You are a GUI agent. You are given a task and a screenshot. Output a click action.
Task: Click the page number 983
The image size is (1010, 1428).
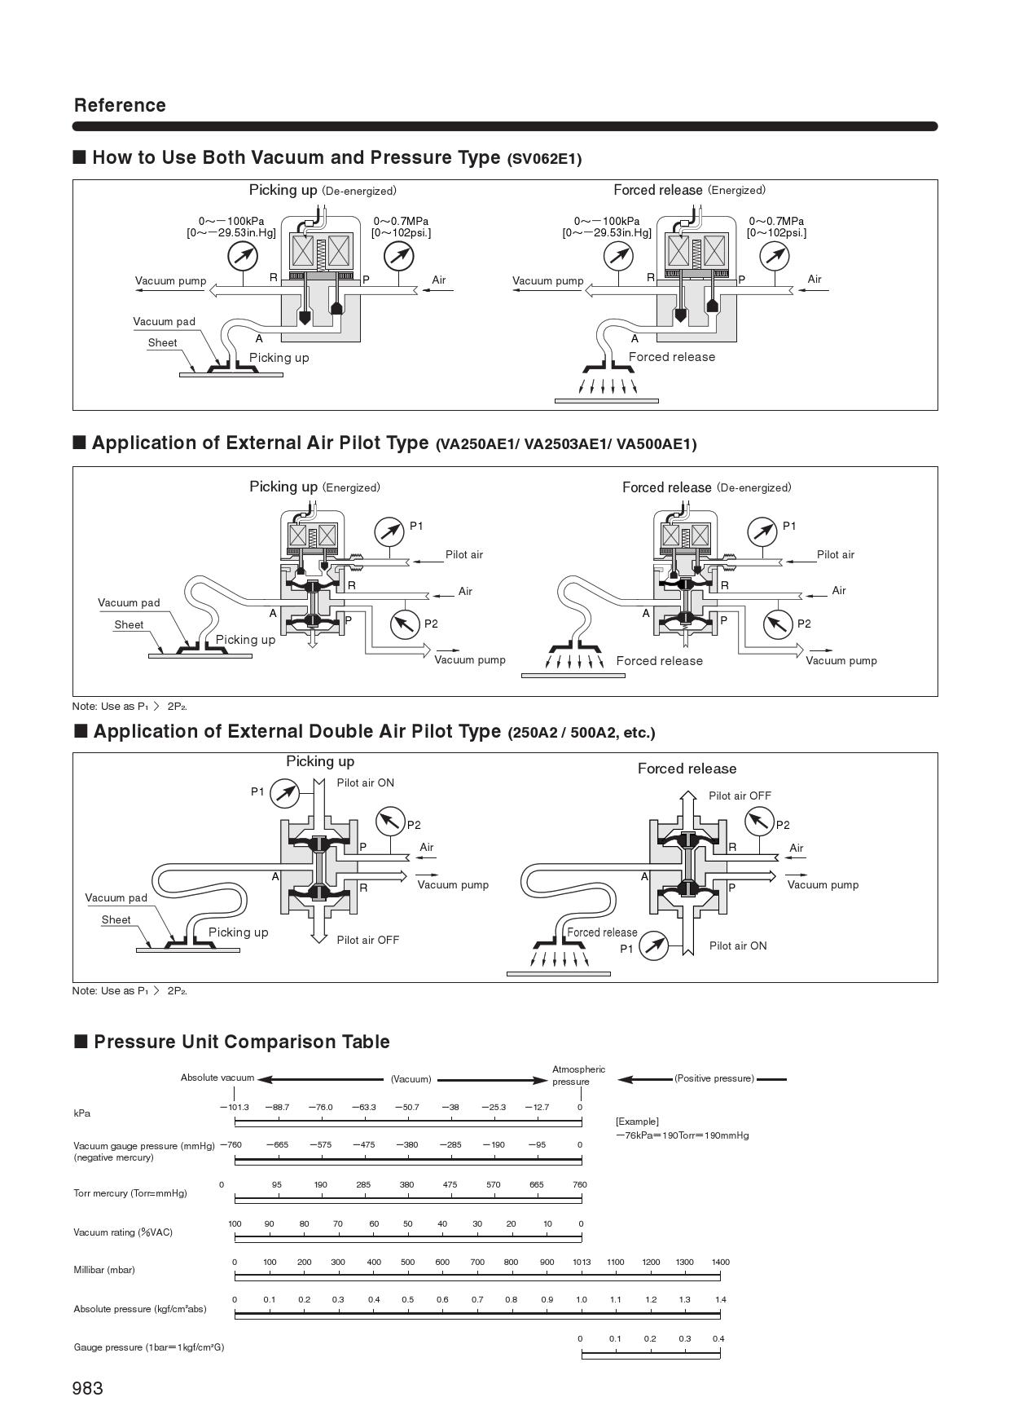click(x=88, y=1388)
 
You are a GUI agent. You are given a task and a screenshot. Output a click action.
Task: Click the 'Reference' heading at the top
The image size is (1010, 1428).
click(x=120, y=105)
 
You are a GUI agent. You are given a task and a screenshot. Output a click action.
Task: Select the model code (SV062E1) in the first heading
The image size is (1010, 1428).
click(x=544, y=159)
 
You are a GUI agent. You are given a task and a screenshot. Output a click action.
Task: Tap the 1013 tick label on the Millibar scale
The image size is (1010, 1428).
click(x=582, y=1262)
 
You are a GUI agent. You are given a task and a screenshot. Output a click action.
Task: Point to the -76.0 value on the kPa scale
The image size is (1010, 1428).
click(x=321, y=1107)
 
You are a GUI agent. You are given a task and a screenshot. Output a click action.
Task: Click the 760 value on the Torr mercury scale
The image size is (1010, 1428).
click(x=580, y=1184)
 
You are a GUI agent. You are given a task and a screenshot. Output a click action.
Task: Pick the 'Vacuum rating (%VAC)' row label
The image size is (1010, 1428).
click(x=123, y=1232)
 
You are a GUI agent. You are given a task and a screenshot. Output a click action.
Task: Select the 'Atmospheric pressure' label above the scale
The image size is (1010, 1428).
click(x=578, y=1075)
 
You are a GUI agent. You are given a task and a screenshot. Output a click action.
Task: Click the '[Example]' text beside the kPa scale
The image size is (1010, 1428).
click(x=637, y=1122)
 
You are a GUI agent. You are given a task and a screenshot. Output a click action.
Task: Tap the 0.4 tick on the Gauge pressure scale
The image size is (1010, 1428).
click(x=718, y=1338)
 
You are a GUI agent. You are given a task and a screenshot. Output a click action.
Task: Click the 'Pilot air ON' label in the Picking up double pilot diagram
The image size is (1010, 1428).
click(x=366, y=782)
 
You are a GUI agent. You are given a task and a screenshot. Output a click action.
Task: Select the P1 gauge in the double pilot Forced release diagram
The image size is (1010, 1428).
click(x=653, y=945)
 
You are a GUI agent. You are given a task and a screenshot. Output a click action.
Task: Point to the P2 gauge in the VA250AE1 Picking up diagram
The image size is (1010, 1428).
click(x=405, y=624)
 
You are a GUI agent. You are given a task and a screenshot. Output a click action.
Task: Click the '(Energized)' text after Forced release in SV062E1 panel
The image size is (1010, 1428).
click(x=736, y=190)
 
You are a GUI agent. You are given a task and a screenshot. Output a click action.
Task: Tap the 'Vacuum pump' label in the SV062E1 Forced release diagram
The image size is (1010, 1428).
click(x=548, y=280)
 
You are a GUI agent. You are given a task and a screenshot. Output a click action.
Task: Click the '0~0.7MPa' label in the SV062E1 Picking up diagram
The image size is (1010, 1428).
click(x=401, y=221)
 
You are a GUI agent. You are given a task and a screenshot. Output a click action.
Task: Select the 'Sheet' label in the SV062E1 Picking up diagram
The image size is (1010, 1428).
click(x=162, y=342)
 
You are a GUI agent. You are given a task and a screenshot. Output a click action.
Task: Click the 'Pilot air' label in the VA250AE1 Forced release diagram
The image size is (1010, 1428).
click(x=836, y=554)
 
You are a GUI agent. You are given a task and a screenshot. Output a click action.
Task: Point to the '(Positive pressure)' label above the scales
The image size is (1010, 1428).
click(x=714, y=1078)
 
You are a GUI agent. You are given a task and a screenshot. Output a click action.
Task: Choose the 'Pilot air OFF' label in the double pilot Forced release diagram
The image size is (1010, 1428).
click(x=740, y=796)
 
